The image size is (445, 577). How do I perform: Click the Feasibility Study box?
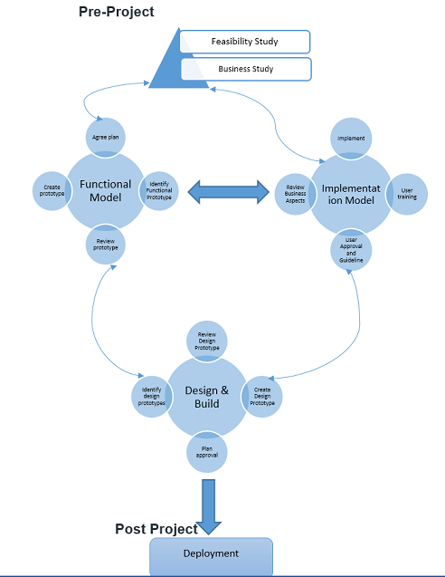tap(245, 42)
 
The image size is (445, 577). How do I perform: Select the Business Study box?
tap(245, 69)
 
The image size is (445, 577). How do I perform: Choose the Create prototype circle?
tap(52, 191)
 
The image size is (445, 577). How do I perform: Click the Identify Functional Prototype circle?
tap(159, 191)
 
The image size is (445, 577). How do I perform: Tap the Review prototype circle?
tap(107, 244)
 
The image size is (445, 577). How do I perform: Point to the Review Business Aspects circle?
tap(294, 192)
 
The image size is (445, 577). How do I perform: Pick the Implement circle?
tap(351, 139)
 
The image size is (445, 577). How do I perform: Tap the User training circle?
tap(406, 193)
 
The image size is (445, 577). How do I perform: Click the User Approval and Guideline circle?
tap(351, 249)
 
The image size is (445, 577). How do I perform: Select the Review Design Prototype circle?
tap(207, 341)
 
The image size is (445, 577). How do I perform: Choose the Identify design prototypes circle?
tap(152, 396)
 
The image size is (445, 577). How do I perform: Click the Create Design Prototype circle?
tap(262, 396)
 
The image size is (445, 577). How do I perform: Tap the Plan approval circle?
tap(207, 450)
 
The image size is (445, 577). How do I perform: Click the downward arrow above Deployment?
tap(209, 505)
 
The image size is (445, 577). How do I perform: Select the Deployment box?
tap(211, 554)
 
